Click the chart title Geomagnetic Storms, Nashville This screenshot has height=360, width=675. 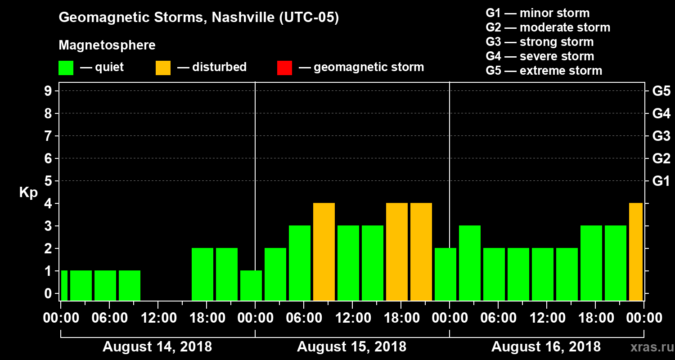point(198,18)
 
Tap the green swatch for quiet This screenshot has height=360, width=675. point(66,68)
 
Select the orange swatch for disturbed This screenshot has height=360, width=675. point(163,68)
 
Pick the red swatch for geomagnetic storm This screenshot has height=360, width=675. point(284,68)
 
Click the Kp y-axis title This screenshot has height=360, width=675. point(28,193)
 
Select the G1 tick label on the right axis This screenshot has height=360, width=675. point(661,181)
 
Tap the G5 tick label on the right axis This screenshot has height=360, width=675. point(661,91)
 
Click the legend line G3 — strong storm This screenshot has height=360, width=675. point(540,42)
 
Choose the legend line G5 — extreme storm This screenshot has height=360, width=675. point(544,71)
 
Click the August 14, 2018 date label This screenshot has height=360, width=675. point(157,347)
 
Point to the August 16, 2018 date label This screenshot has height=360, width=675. point(546,347)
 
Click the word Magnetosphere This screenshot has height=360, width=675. point(107,45)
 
